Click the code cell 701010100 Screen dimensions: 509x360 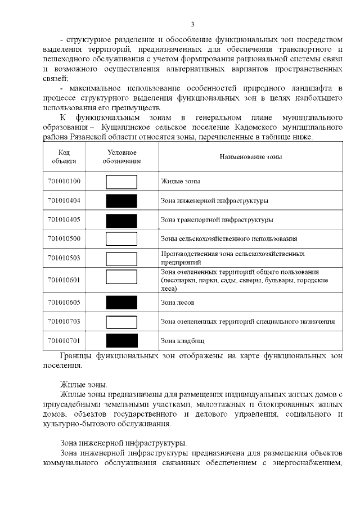[64, 182]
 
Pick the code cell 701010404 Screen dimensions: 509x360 [64, 200]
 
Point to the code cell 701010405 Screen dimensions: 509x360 [64, 219]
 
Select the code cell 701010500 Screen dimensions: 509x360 [64, 238]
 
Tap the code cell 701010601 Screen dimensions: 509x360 [64, 279]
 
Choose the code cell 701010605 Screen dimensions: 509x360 [64, 303]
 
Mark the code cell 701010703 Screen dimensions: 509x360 [64, 322]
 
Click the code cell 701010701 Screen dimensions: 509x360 [64, 340]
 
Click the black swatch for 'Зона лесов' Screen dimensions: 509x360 [121, 303]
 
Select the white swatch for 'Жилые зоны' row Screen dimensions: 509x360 [121, 182]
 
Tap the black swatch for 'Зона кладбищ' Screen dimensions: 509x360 [121, 340]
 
